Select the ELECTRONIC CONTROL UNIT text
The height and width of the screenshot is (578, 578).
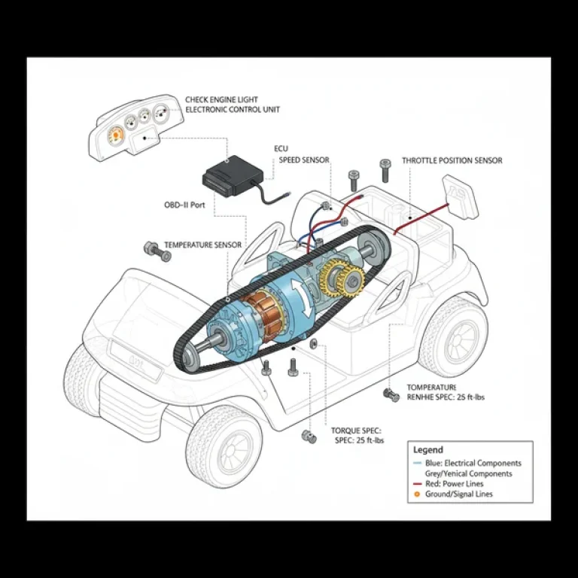pos(233,110)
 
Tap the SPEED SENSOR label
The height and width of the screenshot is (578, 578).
pos(304,160)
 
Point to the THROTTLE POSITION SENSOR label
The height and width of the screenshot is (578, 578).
pos(452,160)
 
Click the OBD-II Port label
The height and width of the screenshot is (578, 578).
pos(184,204)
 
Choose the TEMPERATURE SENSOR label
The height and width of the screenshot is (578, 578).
pos(203,245)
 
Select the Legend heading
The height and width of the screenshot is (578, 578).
pos(428,450)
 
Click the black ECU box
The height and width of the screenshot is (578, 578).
pos(232,176)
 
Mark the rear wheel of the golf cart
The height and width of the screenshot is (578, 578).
pos(453,338)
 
